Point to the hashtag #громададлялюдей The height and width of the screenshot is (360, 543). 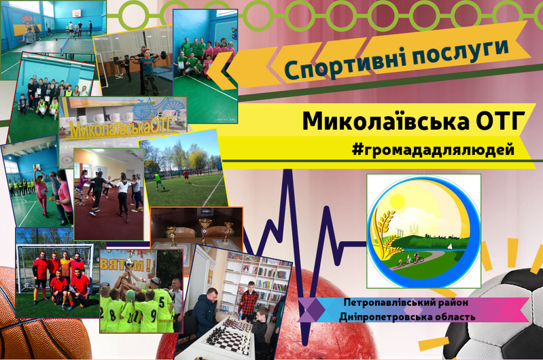433,149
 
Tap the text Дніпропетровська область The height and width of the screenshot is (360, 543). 407,317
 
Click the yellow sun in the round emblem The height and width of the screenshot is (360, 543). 397,202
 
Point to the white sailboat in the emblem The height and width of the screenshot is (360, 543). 449,246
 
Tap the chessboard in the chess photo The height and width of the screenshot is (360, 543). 230,336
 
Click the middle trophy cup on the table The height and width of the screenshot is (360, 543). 205,230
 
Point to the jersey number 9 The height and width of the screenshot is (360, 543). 154,306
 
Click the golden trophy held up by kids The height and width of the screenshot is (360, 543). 129,268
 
